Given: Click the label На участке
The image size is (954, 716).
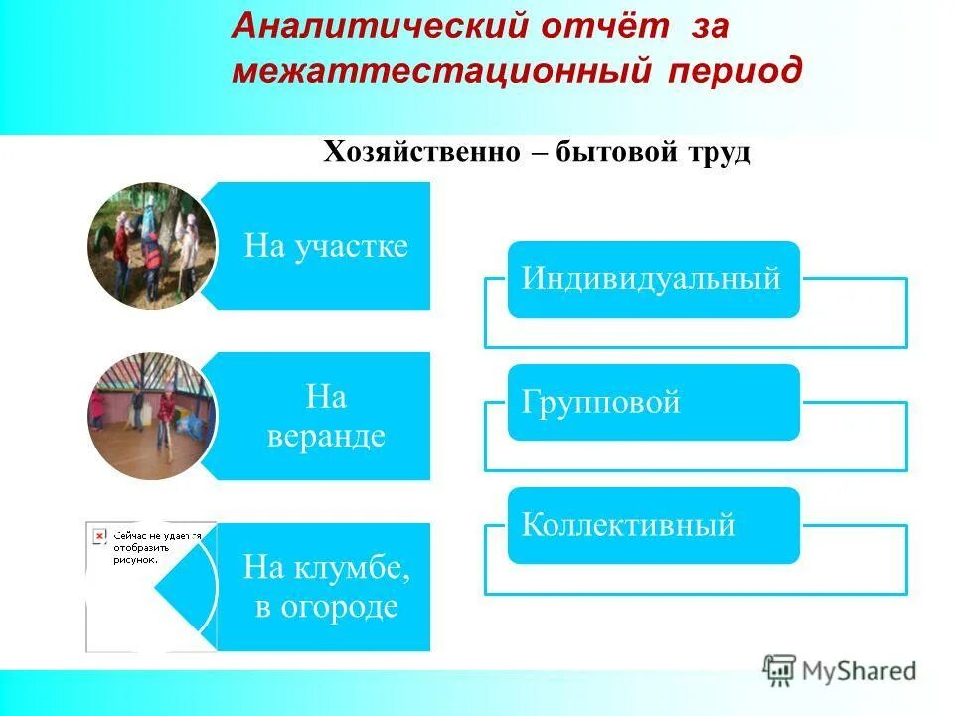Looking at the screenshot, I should pos(326,247).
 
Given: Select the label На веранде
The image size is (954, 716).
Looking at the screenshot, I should pos(326,417).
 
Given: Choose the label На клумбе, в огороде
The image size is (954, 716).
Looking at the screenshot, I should pos(326,587).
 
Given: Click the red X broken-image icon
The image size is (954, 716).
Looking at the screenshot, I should pos(99,536).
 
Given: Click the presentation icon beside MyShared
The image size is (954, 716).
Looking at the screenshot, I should pos(779,671).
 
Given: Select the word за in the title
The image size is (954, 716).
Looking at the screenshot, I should pos(712,27).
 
